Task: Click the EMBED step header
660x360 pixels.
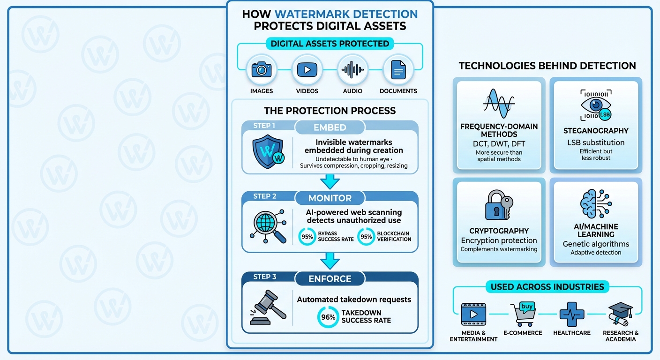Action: tap(330, 127)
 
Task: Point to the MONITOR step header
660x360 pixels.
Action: tap(330, 198)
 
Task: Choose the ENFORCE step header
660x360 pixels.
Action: tap(330, 279)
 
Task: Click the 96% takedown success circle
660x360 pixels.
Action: tap(328, 317)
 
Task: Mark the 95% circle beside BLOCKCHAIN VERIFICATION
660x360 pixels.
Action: tap(366, 237)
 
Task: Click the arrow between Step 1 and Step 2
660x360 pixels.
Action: tap(330, 181)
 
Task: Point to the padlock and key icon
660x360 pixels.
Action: tap(498, 205)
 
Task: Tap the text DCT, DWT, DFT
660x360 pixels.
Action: tap(499, 144)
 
